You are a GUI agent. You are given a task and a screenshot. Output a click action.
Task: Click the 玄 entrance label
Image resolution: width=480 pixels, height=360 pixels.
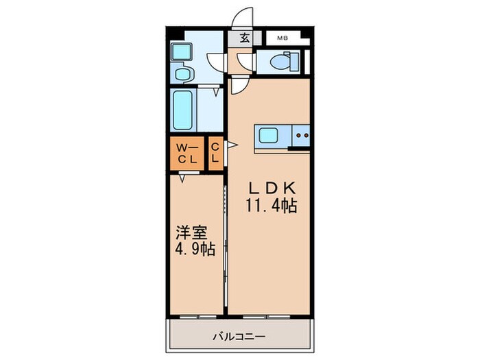pyautogui.click(x=244, y=39)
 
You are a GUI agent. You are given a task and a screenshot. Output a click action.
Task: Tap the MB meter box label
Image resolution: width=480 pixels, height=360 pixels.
pyautogui.click(x=283, y=39)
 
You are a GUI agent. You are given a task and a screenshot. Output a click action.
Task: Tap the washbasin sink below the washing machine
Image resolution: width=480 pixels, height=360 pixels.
pyautogui.click(x=183, y=73)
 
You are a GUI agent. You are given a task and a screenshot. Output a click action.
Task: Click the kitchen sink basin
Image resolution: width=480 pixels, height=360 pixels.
pyautogui.click(x=267, y=136)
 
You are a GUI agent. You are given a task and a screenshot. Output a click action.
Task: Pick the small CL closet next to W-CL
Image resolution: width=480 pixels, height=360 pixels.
pyautogui.click(x=215, y=154)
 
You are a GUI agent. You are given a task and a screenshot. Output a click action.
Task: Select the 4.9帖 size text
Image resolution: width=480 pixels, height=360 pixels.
pyautogui.click(x=196, y=249)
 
